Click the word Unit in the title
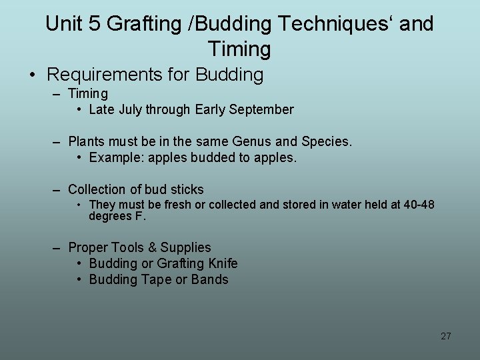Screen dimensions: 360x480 coord(63,24)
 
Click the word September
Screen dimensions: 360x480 coord(261,109)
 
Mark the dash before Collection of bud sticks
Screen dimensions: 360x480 coord(58,190)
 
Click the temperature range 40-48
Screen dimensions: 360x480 coord(419,205)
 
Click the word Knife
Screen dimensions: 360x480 coord(221,263)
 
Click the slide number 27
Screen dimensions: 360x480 coord(446,336)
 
